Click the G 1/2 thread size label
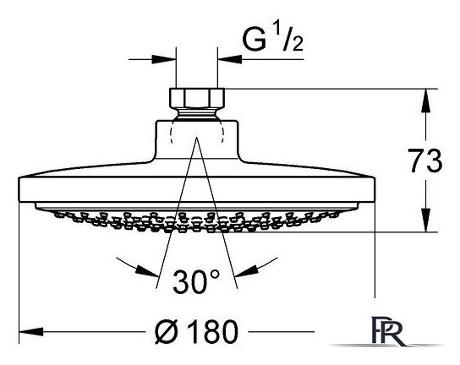point(272,38)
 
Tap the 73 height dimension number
point(425,161)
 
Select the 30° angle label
point(196,281)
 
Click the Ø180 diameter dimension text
point(196,331)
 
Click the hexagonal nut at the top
point(197,98)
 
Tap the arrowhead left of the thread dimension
point(164,59)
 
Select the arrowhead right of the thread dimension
point(229,59)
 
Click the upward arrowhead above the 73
point(426,101)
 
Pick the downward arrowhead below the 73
point(426,220)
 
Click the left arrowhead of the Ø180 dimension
point(31,332)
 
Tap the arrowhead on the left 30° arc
point(147,271)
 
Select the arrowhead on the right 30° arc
point(247,271)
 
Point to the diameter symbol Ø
point(166,331)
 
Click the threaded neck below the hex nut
point(197,114)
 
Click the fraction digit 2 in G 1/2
point(297,44)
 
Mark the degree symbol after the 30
point(215,274)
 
